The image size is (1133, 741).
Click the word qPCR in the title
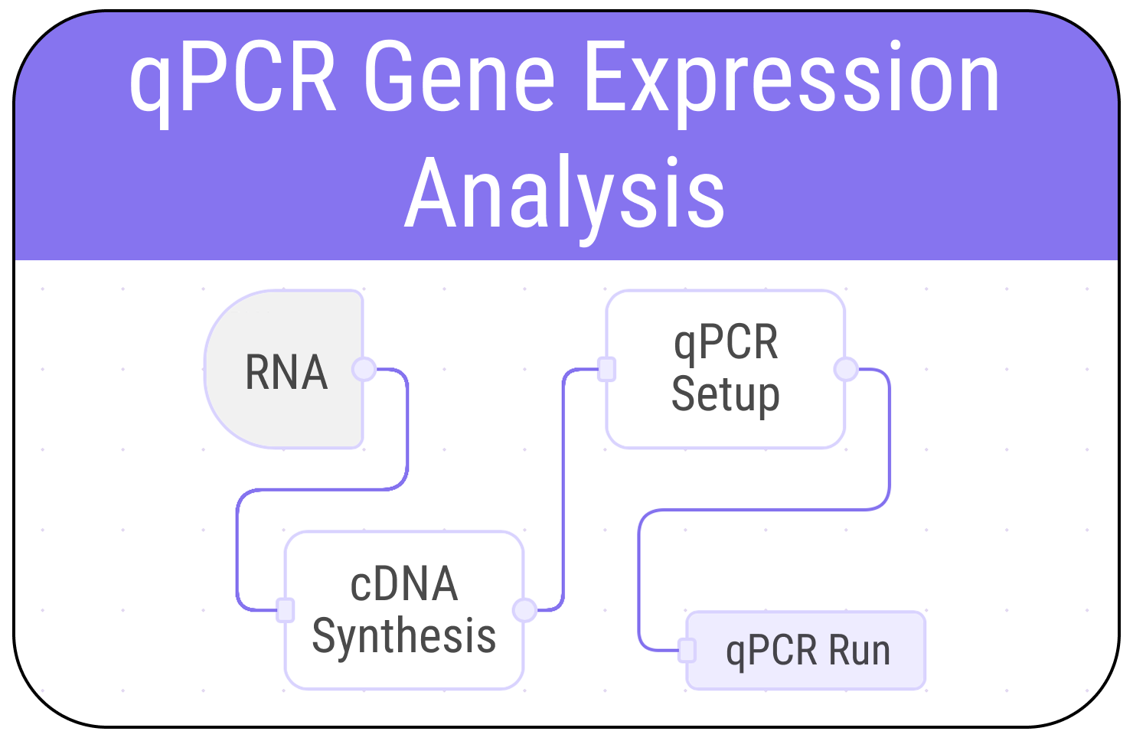click(x=233, y=78)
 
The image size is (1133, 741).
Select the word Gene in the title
click(x=459, y=78)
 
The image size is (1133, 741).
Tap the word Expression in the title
click(x=792, y=78)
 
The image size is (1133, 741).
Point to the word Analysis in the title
click(x=565, y=193)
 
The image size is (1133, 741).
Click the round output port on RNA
click(x=364, y=369)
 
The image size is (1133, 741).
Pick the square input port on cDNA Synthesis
click(x=286, y=610)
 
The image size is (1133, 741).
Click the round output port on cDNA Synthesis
click(x=524, y=610)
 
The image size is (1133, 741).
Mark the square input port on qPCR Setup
click(x=606, y=369)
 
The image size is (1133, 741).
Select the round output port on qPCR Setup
click(x=845, y=369)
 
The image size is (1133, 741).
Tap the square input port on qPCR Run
click(x=687, y=651)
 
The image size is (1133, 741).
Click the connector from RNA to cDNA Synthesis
click(x=322, y=489)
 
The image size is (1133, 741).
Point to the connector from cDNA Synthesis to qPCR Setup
click(x=563, y=490)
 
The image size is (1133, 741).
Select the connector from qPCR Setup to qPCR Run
click(x=766, y=509)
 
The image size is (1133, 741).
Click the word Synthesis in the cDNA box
click(x=404, y=636)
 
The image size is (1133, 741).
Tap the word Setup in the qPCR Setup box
click(x=726, y=394)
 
